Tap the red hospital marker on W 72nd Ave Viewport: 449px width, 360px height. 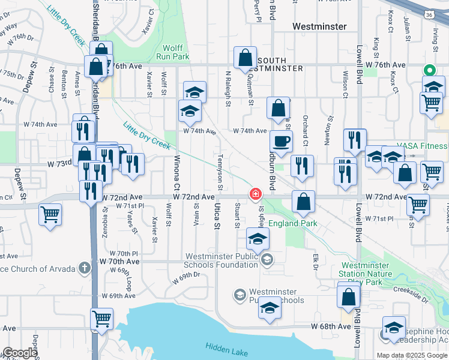[x=256, y=193]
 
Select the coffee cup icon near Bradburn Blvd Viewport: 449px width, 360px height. [x=281, y=142]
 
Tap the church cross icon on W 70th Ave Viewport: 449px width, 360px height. [x=85, y=268]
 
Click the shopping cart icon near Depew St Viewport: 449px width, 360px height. [x=50, y=213]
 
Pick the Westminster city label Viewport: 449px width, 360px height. [x=319, y=27]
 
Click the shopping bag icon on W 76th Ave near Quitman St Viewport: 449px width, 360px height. [x=246, y=59]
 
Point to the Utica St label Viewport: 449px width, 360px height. [x=217, y=218]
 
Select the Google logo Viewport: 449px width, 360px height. [x=20, y=353]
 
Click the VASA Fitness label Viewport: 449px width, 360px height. [x=423, y=146]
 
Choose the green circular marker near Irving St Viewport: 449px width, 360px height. [x=430, y=70]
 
